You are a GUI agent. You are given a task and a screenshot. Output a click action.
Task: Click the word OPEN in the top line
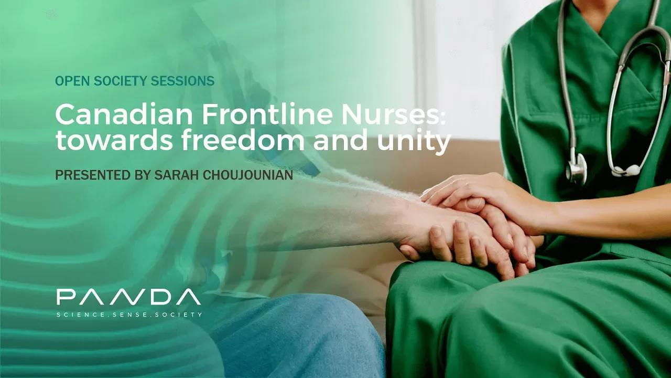click(x=69, y=81)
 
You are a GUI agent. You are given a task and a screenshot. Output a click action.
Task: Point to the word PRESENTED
click(x=89, y=175)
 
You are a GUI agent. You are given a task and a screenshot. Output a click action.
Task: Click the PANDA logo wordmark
click(x=128, y=297)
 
